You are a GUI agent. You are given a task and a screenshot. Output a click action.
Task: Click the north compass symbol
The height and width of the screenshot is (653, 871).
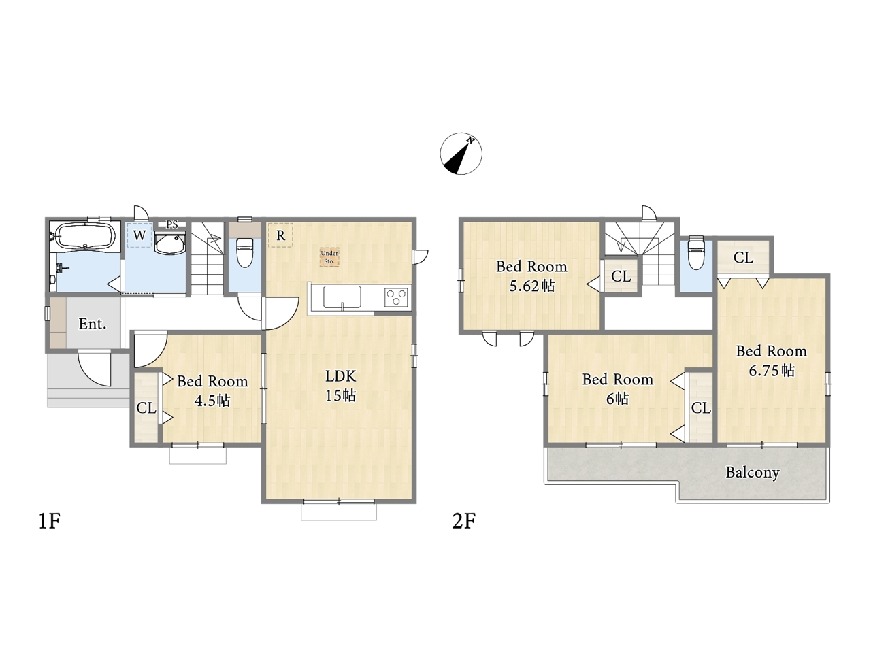click(x=461, y=154)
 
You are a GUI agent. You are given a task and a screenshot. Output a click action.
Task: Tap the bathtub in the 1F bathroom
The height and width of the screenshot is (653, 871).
click(x=85, y=236)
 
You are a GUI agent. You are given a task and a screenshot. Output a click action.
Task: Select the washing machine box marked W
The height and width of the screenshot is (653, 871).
click(x=139, y=235)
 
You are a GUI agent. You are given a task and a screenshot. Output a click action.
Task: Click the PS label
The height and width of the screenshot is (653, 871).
click(x=172, y=224)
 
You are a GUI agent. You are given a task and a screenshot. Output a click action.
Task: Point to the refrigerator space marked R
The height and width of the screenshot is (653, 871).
click(x=280, y=235)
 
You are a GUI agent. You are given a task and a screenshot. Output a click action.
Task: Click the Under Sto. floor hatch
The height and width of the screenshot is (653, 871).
click(x=329, y=257)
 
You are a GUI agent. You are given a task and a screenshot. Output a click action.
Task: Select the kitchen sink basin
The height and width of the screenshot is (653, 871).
click(x=342, y=297)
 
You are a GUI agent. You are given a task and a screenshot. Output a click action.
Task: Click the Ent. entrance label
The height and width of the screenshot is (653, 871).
click(x=93, y=324)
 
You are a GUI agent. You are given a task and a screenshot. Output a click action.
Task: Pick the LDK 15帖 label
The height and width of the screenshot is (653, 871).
click(x=341, y=386)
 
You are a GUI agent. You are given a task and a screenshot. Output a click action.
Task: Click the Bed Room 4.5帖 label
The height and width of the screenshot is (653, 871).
click(x=212, y=390)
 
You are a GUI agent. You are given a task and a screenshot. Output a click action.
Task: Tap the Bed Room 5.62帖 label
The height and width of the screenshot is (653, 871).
click(x=531, y=276)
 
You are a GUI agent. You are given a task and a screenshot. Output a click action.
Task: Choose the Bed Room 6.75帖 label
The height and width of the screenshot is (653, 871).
click(x=772, y=361)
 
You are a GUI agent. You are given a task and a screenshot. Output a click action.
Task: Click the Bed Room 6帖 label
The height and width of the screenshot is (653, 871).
click(x=618, y=389)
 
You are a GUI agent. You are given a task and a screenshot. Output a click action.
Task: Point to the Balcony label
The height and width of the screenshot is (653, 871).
click(x=753, y=473)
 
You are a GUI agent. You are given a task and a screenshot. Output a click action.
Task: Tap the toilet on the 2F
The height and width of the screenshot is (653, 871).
click(x=696, y=252)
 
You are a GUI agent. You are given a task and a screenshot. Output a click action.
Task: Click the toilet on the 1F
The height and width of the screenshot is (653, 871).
click(x=244, y=252)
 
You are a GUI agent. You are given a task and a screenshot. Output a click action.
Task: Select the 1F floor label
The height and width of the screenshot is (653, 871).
click(x=49, y=521)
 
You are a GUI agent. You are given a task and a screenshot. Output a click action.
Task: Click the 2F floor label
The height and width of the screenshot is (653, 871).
click(x=463, y=521)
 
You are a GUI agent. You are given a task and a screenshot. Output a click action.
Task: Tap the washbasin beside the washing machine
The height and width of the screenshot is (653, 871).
click(x=170, y=243)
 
